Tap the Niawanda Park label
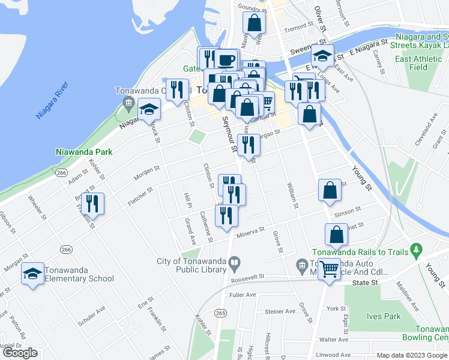(84, 152)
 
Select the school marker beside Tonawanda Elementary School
(33, 275)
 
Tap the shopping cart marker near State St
(329, 269)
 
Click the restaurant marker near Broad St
(93, 203)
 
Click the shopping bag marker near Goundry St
(254, 23)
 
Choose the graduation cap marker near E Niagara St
(322, 56)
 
